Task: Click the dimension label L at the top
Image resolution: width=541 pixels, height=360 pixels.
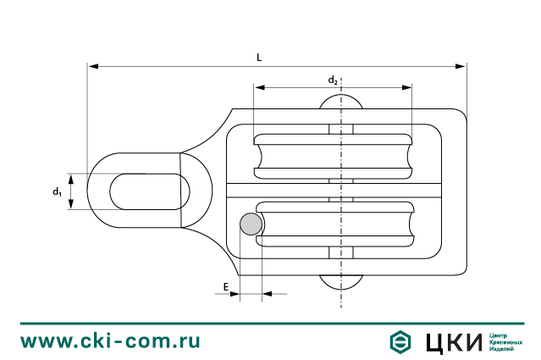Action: click(x=259, y=57)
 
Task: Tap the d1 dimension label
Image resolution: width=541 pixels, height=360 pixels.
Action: click(x=57, y=192)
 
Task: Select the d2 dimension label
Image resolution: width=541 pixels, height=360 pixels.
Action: click(x=334, y=80)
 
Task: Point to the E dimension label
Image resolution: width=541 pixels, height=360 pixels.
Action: click(x=226, y=287)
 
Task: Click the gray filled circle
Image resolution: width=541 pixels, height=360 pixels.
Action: click(x=251, y=224)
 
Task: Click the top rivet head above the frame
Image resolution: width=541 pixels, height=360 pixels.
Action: click(x=340, y=102)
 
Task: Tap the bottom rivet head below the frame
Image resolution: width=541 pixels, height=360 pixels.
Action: click(x=340, y=280)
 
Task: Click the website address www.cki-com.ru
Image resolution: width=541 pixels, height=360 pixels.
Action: click(x=110, y=341)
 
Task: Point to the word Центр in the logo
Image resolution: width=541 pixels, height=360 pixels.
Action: click(x=500, y=335)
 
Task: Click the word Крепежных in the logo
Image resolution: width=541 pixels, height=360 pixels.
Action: click(x=506, y=341)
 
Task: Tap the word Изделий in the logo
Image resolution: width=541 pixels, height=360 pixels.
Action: click(x=503, y=348)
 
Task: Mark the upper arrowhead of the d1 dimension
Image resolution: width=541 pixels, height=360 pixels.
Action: click(x=72, y=177)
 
